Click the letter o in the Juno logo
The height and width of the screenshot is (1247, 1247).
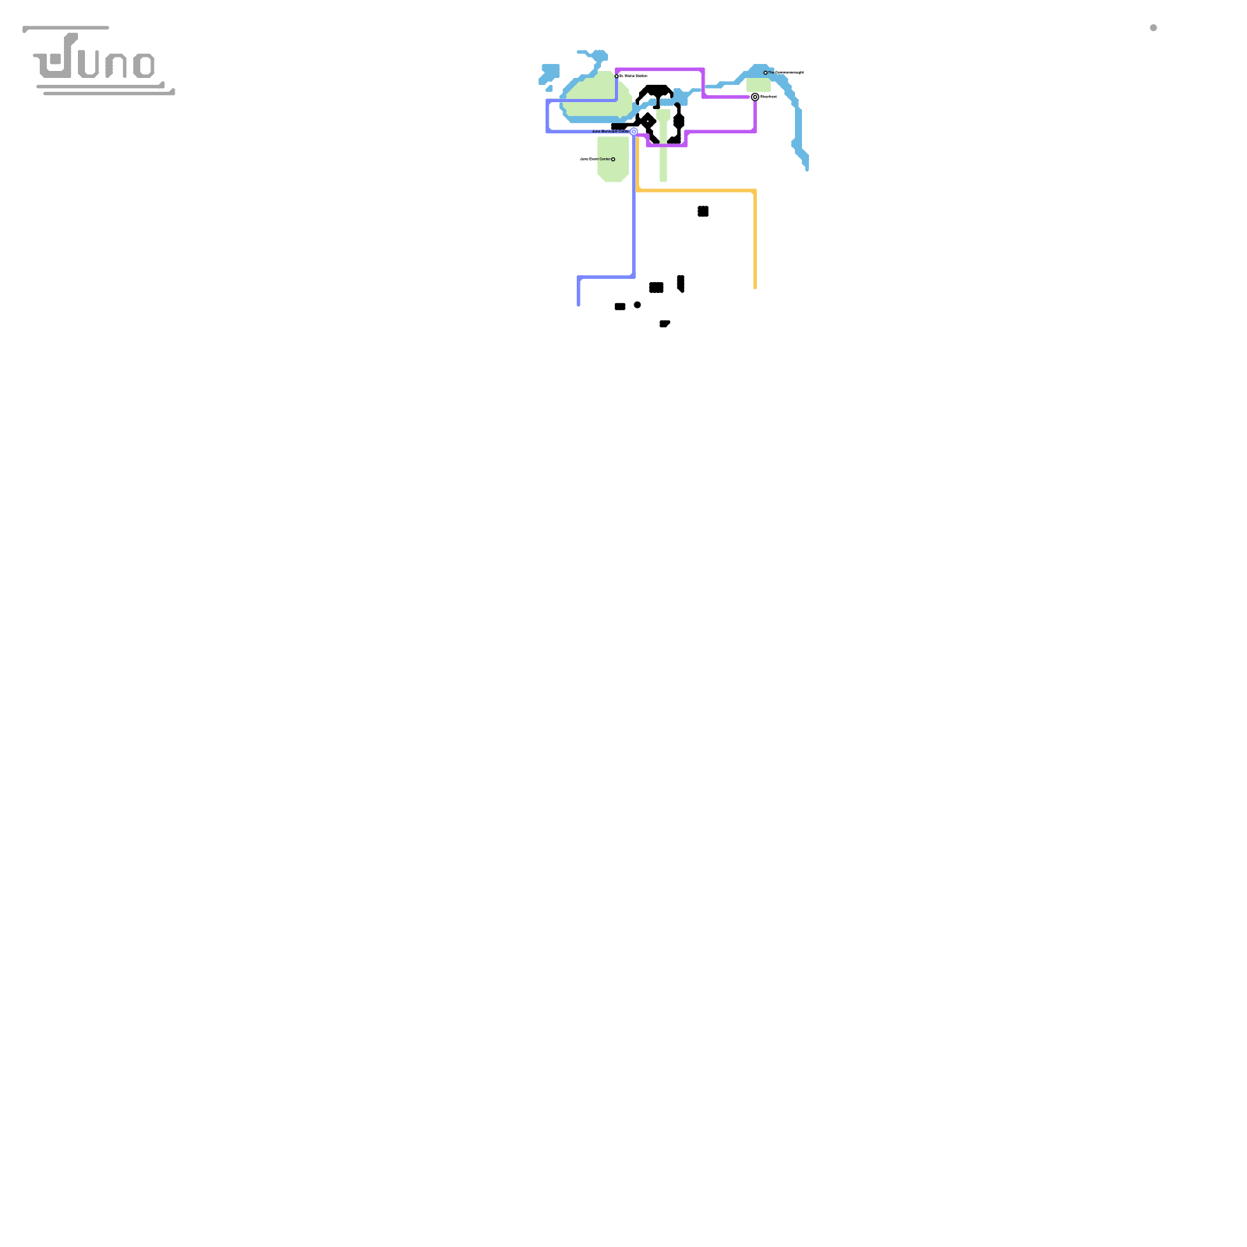144,65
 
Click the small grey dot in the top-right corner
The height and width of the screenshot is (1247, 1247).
1153,28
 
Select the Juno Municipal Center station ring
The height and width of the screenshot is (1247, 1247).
634,132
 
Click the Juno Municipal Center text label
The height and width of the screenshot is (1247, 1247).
609,131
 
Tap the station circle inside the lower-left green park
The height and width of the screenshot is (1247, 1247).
613,159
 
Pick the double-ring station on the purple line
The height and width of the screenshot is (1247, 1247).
754,97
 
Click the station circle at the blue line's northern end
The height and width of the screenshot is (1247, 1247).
616,76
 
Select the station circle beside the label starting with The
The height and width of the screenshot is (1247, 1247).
765,72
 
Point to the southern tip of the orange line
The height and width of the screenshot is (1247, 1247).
755,287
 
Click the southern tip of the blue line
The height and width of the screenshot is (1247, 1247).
578,304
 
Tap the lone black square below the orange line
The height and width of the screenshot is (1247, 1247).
703,211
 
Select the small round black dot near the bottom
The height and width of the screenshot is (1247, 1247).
638,305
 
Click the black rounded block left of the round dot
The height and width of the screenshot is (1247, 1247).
620,306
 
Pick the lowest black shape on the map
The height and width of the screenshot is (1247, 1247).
664,323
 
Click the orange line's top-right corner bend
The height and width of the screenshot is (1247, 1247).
754,191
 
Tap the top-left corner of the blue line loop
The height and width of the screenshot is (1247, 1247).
548,101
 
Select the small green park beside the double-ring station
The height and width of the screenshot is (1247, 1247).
758,84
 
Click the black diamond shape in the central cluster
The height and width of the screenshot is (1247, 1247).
647,121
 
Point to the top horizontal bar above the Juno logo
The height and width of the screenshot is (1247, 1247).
66,28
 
